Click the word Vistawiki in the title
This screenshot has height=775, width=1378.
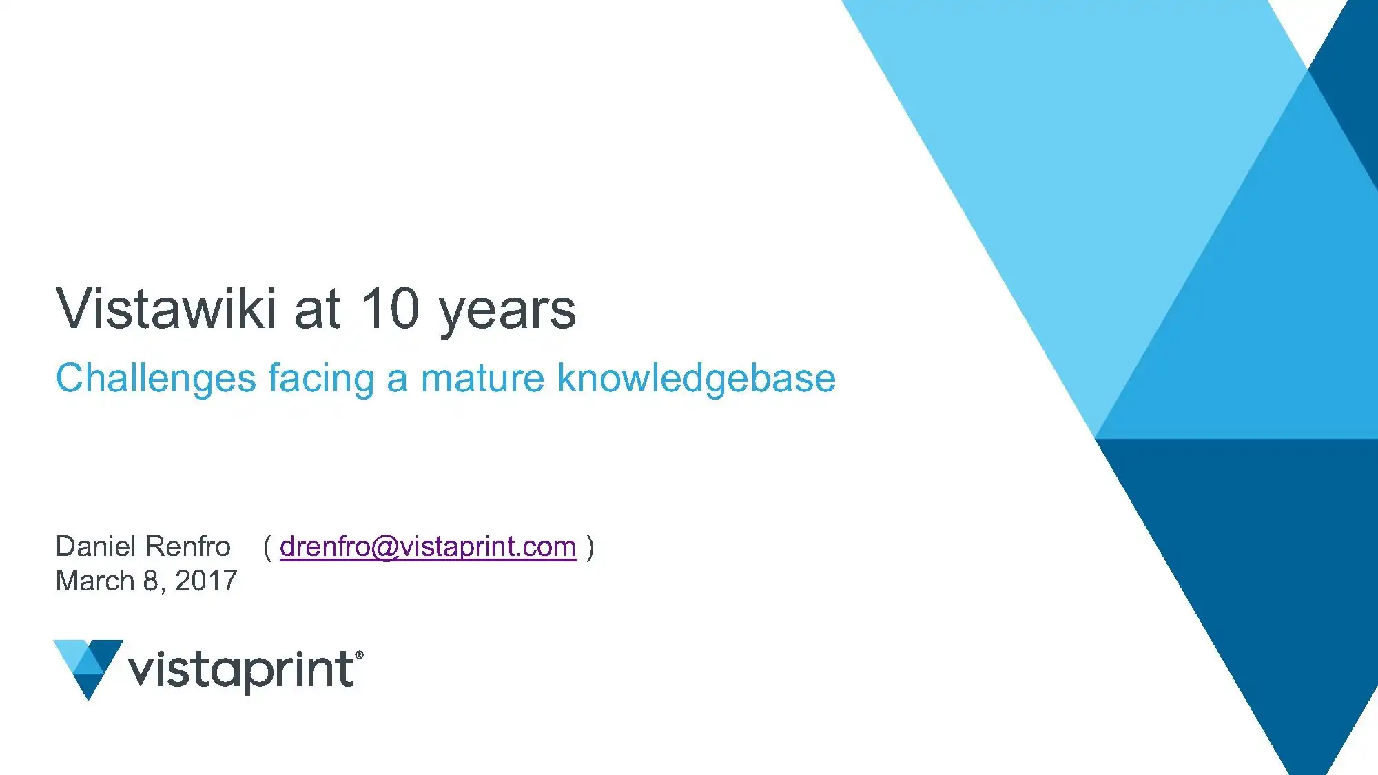166,308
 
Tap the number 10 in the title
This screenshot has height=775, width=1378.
390,308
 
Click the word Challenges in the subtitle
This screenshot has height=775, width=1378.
156,379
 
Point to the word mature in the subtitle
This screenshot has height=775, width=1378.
482,379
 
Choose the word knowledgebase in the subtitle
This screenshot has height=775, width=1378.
696,379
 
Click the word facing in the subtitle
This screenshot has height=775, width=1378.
321,379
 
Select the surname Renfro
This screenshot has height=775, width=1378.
187,546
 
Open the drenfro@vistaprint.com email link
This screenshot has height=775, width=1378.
428,547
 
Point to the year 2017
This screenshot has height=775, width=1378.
206,581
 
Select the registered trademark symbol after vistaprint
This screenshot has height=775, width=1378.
359,655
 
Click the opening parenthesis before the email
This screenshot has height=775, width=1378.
267,548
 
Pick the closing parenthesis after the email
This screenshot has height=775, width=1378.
590,548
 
